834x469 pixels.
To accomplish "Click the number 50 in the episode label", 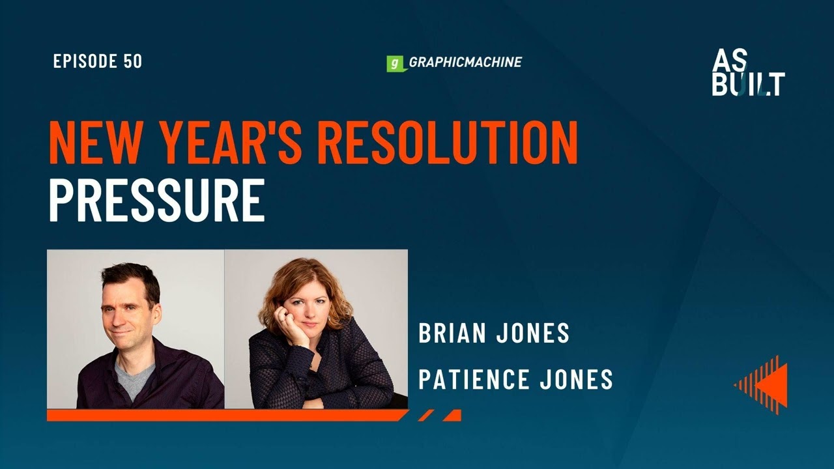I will click(132, 62).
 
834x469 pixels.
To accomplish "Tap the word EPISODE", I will click(85, 62).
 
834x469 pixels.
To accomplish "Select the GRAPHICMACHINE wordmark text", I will click(465, 63).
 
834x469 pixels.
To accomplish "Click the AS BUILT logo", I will click(748, 73).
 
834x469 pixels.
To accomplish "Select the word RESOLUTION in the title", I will click(440, 143).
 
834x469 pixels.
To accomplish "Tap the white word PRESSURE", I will click(156, 201).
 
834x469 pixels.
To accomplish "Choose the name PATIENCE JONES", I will click(515, 379).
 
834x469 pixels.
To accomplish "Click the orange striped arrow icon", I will click(762, 384).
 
